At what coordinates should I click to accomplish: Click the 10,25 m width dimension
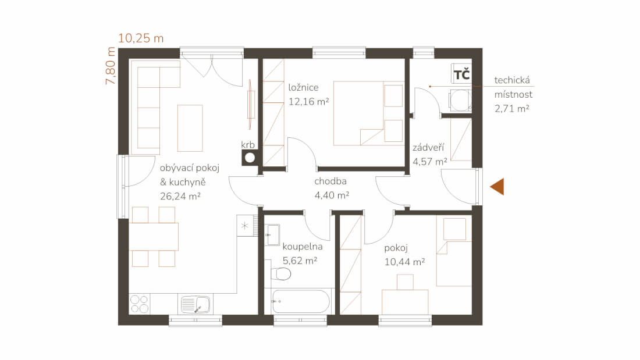pos(141,38)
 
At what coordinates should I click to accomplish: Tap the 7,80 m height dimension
pos(111,66)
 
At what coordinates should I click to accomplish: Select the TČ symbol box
pos(461,74)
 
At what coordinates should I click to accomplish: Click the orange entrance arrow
pos(497,187)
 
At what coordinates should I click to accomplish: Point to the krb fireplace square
pos(250,158)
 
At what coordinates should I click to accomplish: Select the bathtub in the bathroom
pos(300,301)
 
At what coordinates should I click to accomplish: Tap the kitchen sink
pos(195,305)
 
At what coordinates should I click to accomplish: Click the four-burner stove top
pos(139,304)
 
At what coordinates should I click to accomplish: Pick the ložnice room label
pos(303,87)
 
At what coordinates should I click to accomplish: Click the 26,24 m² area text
pos(180,197)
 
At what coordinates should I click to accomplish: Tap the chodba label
pos(330,181)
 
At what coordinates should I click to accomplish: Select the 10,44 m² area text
pos(404,262)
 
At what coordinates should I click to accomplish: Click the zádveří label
pos(428,147)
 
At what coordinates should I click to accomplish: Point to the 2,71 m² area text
pos(512,109)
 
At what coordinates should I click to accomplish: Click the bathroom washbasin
pos(272,235)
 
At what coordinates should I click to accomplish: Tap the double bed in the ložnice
pos(368,113)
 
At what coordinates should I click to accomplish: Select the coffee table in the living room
pos(190,128)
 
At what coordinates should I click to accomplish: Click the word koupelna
pos(303,247)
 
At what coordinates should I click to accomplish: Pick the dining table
pos(154,236)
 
